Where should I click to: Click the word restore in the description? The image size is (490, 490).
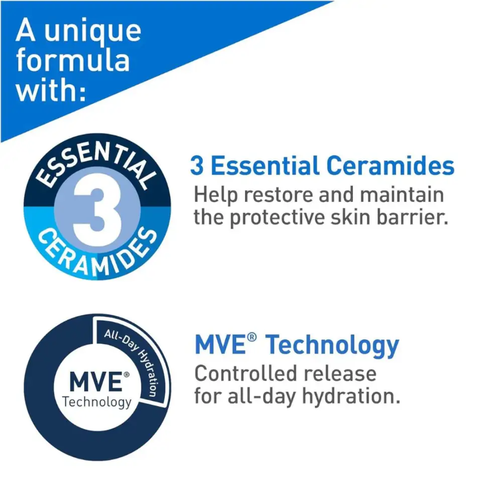[x=279, y=195]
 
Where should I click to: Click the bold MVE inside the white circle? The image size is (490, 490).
[x=96, y=382]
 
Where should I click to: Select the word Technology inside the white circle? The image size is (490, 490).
[x=97, y=402]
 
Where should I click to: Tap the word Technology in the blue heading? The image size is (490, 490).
[x=333, y=346]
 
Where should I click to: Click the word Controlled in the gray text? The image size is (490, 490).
[x=245, y=373]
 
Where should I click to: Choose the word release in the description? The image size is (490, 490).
[x=340, y=373]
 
